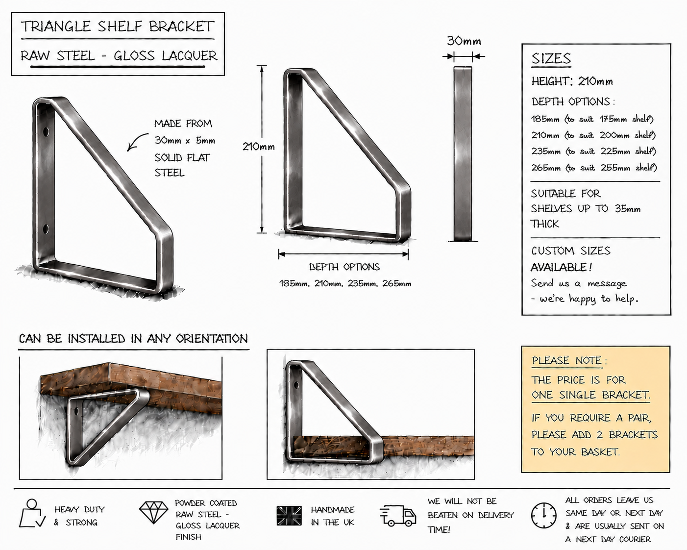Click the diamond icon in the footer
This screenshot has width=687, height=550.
(153, 512)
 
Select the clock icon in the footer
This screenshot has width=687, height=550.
(543, 516)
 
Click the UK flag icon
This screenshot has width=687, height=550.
(289, 516)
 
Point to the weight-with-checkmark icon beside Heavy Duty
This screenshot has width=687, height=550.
(32, 513)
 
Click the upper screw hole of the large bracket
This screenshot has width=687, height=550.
(46, 131)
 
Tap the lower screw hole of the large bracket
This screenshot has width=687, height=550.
(46, 229)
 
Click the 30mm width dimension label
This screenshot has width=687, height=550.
(464, 41)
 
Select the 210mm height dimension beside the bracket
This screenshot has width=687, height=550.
(259, 147)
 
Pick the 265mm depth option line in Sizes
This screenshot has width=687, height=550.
(594, 168)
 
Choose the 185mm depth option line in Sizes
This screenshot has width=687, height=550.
(592, 119)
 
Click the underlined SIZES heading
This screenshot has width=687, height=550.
(551, 58)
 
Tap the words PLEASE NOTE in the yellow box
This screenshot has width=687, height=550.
(566, 361)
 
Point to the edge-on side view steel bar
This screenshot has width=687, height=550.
(463, 153)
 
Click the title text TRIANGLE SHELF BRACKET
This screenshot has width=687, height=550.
(118, 26)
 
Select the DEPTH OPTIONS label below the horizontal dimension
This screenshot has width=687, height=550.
(344, 267)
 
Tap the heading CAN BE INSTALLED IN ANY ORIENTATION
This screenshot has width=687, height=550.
(133, 339)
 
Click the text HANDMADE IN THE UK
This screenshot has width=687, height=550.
(333, 516)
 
